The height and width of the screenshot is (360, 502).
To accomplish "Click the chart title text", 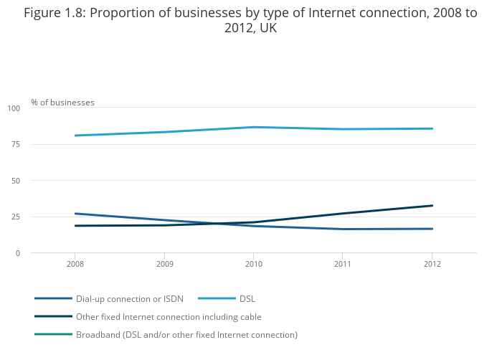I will tap(250, 20).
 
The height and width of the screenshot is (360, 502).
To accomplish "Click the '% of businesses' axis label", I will tap(62, 103).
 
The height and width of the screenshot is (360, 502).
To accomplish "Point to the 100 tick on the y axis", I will tap(14, 108).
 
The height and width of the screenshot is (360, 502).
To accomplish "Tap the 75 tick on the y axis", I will tap(16, 145).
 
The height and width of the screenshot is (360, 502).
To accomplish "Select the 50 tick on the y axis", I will tap(16, 181).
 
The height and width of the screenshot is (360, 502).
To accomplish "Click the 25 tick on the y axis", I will tap(16, 217).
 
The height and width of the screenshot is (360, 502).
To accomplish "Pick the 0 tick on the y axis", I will tap(18, 253).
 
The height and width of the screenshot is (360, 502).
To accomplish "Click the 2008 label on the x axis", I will tap(75, 264).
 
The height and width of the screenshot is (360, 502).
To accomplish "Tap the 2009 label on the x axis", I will tap(164, 264).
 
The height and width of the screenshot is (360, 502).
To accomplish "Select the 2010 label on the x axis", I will tap(253, 264).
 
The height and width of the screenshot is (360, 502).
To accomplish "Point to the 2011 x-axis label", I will tap(342, 264).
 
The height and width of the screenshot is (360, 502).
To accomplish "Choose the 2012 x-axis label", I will tap(432, 264).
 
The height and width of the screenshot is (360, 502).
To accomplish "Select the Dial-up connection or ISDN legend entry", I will tap(130, 298).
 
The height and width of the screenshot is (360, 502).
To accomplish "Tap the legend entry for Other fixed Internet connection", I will tap(169, 316).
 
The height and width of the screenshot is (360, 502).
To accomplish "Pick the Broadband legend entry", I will tap(186, 334).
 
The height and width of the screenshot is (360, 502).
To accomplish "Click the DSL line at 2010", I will tap(253, 127).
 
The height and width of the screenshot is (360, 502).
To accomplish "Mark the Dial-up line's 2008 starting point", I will tap(75, 214).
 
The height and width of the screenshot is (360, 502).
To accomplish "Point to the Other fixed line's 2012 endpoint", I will tap(432, 206).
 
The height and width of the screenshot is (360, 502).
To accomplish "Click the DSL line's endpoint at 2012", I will tap(432, 128).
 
